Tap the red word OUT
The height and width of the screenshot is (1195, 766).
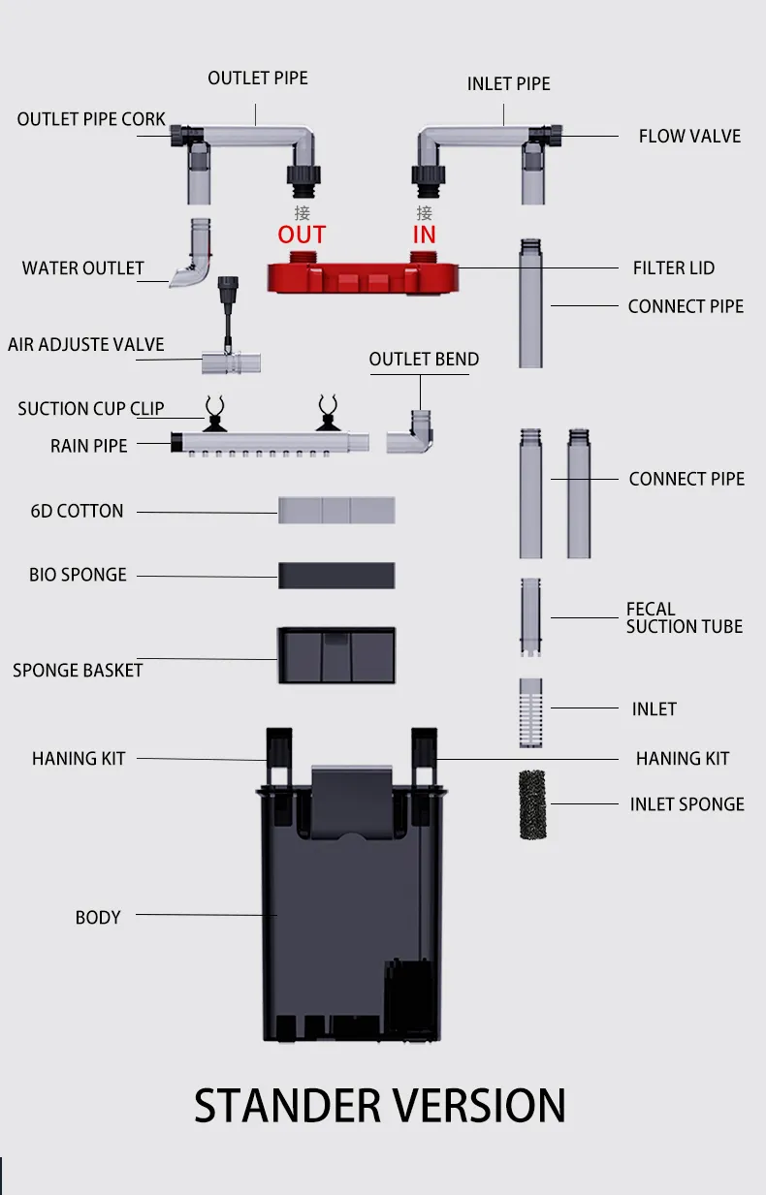click(302, 235)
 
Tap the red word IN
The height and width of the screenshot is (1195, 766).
click(425, 235)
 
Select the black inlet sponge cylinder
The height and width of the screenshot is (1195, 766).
click(532, 804)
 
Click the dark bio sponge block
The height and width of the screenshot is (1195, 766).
click(336, 575)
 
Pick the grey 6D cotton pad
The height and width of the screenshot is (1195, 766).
click(336, 510)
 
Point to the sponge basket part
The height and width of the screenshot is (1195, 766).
click(336, 655)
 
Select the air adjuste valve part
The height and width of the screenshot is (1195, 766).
click(231, 326)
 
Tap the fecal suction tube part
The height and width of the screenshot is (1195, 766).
click(530, 617)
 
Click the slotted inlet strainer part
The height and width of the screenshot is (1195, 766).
click(530, 712)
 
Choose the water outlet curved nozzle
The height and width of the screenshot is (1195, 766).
click(191, 253)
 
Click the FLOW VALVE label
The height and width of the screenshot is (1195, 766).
click(689, 136)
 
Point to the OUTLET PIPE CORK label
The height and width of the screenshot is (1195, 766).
click(91, 119)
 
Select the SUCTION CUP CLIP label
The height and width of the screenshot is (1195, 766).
click(91, 409)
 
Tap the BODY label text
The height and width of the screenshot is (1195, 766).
click(98, 918)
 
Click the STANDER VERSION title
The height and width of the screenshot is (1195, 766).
click(379, 1106)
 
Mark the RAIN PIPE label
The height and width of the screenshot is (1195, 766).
click(88, 446)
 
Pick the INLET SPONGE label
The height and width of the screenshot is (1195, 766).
click(687, 804)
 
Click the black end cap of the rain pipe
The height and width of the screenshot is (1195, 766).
click(176, 443)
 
